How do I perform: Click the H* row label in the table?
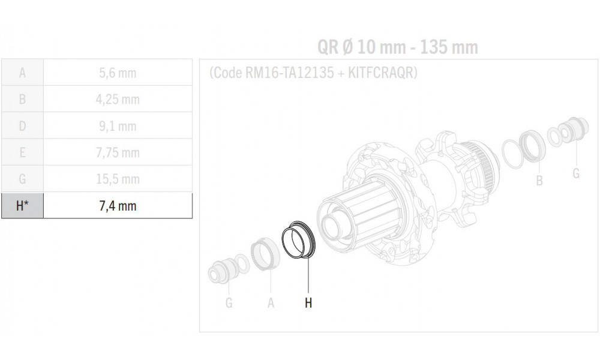click(22, 206)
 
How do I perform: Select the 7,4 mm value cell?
click(118, 206)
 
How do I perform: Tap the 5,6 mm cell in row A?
click(118, 73)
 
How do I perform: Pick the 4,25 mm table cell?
click(118, 100)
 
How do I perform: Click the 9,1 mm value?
click(118, 126)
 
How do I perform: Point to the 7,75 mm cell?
click(118, 152)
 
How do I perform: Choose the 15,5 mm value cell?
click(118, 179)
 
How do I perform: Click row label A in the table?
click(22, 73)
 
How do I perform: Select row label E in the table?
click(22, 152)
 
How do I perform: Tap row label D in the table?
click(22, 126)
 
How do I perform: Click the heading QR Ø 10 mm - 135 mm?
click(397, 47)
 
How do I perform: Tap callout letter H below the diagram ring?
click(308, 303)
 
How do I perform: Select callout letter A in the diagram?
click(271, 303)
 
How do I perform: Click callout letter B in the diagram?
click(539, 180)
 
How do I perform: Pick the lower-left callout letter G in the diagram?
click(229, 303)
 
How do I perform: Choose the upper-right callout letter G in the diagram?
click(576, 173)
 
